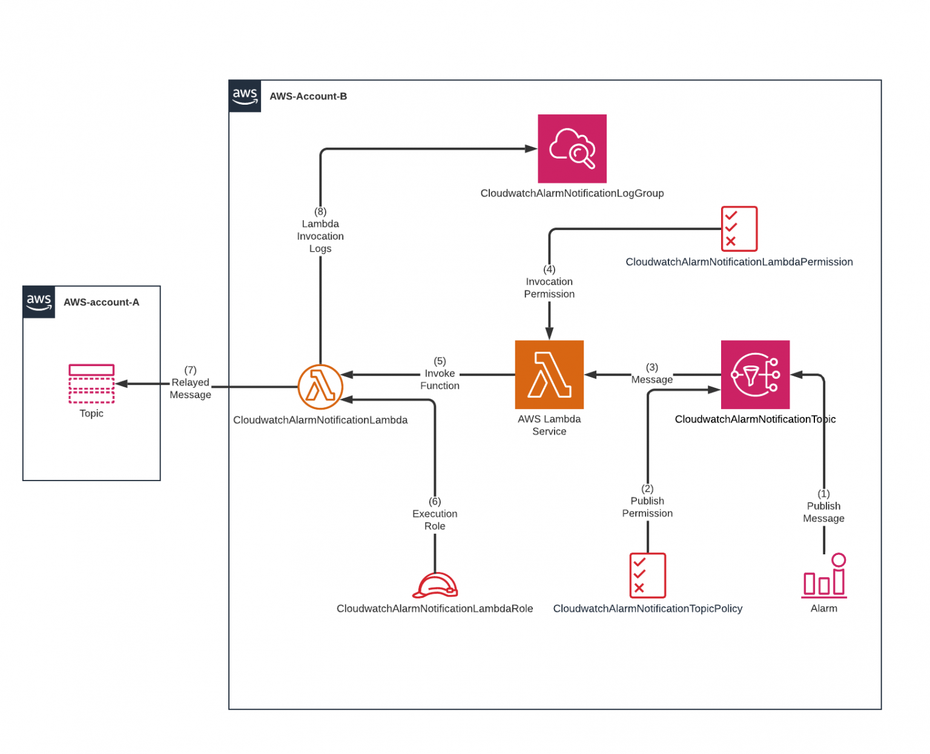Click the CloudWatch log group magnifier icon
coord(572,149)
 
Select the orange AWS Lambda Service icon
coord(549,375)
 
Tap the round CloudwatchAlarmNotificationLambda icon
coord(320,387)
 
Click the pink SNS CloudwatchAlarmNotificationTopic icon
coord(755,375)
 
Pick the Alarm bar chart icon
coord(824,576)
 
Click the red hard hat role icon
coord(435,585)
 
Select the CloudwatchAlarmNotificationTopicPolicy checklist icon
coord(647,575)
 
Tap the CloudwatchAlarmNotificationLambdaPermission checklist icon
coord(739,229)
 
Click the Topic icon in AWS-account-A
coord(91,384)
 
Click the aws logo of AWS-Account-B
coord(245,96)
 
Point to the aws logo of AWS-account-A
coord(39,302)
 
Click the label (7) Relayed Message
coord(190,382)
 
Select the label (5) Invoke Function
coord(440,373)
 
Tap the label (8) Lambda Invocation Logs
coord(320,230)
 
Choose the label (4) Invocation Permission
coord(549,282)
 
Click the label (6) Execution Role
coord(435,514)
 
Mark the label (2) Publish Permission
coord(647,501)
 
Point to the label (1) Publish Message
coord(823,506)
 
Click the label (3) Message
coord(651,374)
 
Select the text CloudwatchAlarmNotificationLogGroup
coord(572,193)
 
